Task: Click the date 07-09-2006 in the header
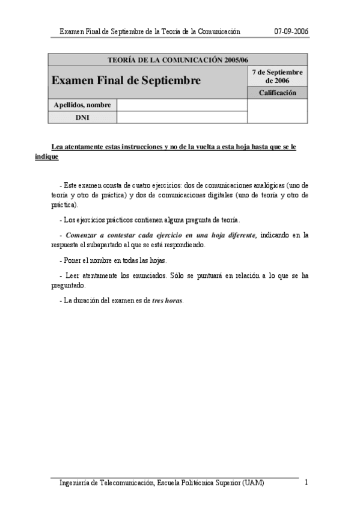(x=291, y=31)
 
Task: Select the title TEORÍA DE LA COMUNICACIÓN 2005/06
(x=177, y=60)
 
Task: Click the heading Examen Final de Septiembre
(x=126, y=81)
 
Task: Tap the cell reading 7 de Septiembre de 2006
(x=277, y=76)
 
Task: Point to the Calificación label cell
(x=277, y=93)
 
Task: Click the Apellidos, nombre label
(x=82, y=105)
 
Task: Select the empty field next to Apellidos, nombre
(x=182, y=105)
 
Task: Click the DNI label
(x=82, y=117)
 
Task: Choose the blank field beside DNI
(x=182, y=117)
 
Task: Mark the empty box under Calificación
(x=277, y=111)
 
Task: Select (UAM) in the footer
(x=253, y=483)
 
